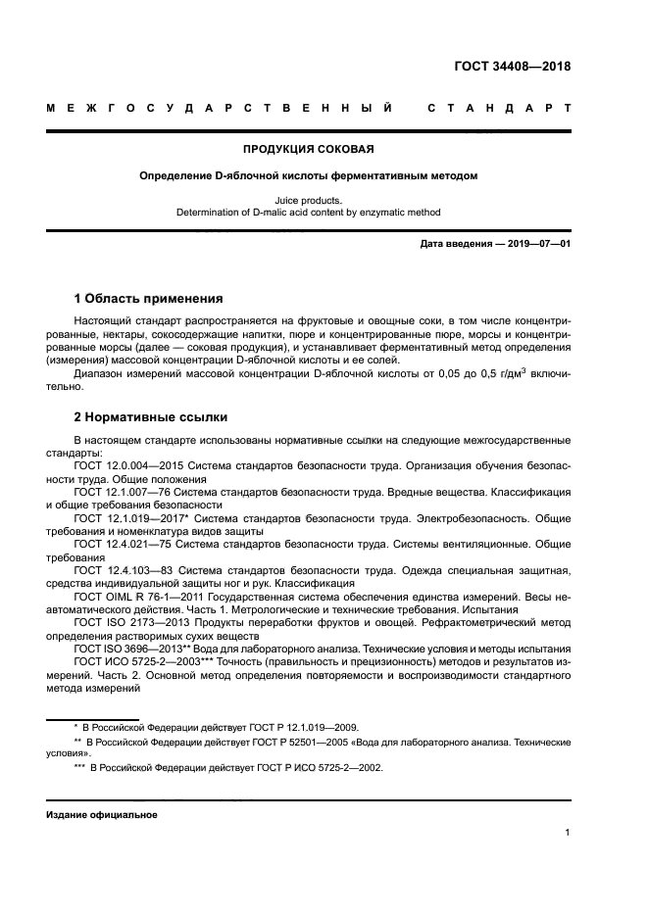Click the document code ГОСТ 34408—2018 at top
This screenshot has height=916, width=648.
click(512, 68)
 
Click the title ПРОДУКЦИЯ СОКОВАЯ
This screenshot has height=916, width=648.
click(309, 150)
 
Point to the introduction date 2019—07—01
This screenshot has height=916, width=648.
click(535, 245)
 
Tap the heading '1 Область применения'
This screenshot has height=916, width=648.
click(148, 298)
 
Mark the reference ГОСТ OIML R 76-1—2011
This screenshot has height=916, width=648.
click(134, 595)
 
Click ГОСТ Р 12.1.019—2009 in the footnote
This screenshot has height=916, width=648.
click(310, 727)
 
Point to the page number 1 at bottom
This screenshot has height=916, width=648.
click(568, 833)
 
